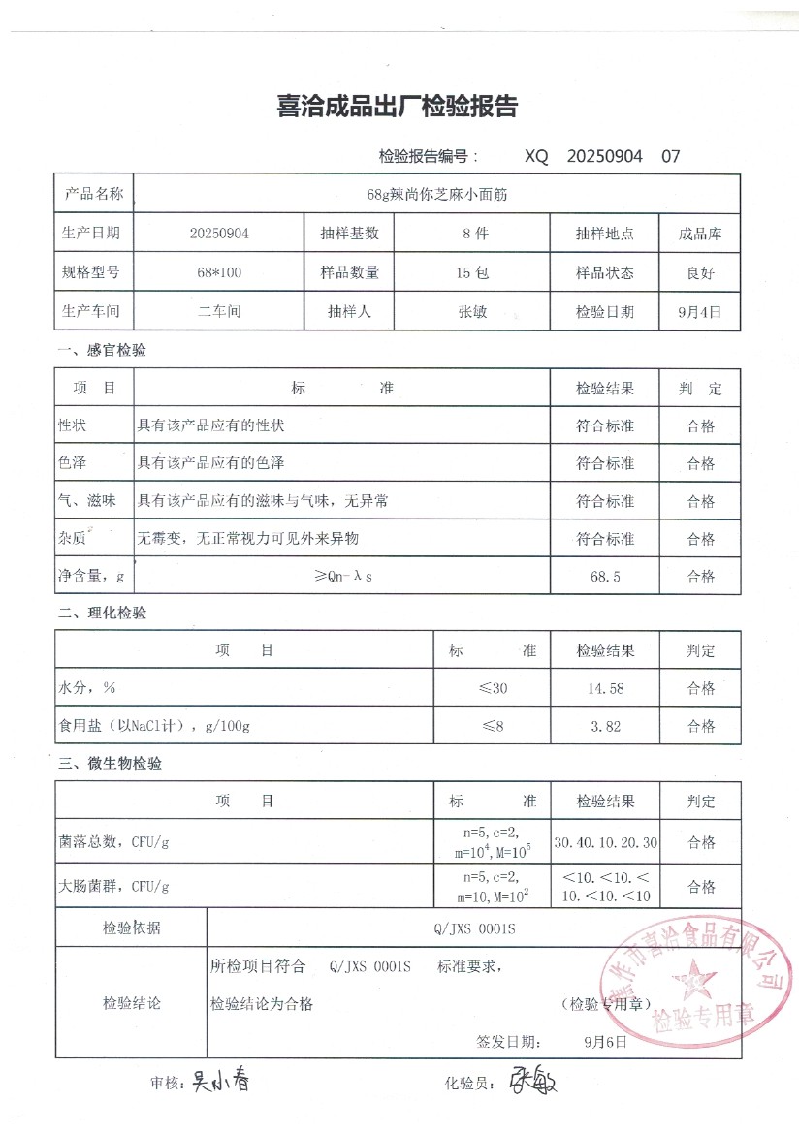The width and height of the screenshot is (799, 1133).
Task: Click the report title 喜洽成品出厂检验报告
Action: [398, 108]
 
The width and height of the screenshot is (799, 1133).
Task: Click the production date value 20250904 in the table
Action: [219, 234]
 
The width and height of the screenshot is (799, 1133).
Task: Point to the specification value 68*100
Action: [219, 273]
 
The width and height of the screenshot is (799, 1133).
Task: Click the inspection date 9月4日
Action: [700, 312]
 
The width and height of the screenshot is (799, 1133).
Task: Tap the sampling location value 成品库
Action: [700, 234]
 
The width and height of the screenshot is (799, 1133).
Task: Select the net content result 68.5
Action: [605, 577]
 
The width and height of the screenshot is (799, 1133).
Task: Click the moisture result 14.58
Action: [605, 688]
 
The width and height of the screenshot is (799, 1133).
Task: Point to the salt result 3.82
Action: [605, 726]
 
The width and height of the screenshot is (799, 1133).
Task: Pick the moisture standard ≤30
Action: [493, 688]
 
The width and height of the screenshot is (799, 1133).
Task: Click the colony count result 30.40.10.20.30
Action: [605, 842]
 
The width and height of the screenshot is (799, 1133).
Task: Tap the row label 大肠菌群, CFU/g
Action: [114, 886]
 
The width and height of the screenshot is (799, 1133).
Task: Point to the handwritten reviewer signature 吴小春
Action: [220, 1081]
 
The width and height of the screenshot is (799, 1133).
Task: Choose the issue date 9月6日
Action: [605, 1043]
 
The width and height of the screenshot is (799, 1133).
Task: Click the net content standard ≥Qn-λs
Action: [343, 577]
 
